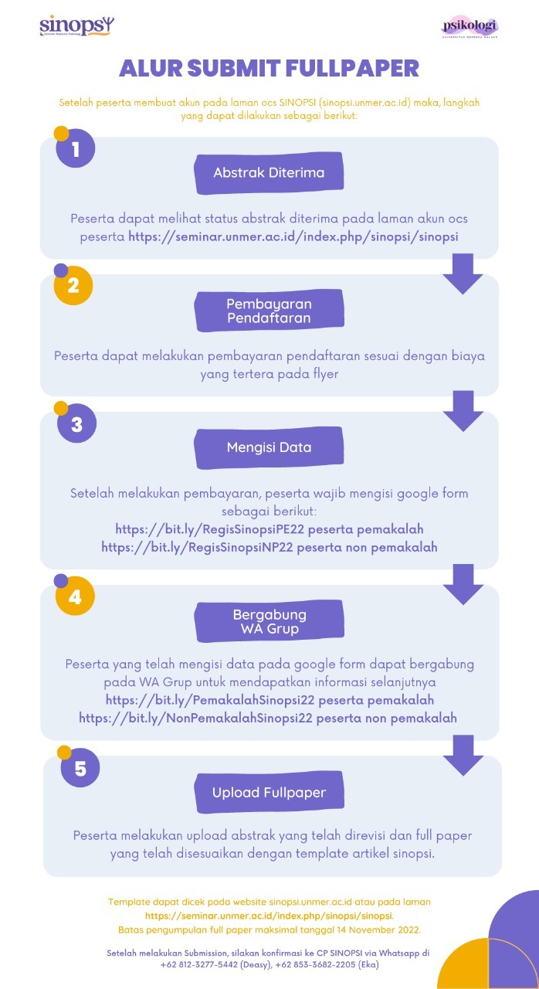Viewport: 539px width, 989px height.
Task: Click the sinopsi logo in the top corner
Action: click(x=76, y=25)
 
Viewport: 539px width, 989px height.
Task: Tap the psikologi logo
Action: click(x=470, y=27)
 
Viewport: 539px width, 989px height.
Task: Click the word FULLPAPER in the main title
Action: click(x=352, y=69)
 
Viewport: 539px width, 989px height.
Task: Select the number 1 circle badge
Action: click(x=76, y=148)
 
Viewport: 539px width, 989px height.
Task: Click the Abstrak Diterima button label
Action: click(x=269, y=172)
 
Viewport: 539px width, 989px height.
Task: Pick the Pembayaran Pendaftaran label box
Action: click(x=269, y=311)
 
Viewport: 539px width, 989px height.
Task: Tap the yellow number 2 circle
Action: click(x=73, y=285)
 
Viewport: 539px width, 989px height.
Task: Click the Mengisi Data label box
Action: click(x=269, y=447)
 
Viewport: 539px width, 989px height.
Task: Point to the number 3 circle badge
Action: click(x=76, y=423)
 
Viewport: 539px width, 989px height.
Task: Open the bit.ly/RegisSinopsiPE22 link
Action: click(x=209, y=529)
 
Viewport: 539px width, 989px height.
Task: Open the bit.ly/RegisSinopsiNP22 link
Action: click(x=197, y=547)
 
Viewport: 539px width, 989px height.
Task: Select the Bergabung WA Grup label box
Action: click(x=269, y=621)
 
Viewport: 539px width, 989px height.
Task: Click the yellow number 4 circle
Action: click(x=75, y=596)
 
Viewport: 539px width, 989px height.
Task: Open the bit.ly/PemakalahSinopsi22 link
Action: click(x=210, y=700)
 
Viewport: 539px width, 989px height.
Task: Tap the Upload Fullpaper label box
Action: click(x=269, y=793)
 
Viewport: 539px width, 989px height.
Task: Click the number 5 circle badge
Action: click(x=80, y=768)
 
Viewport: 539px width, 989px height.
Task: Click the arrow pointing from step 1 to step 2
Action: click(x=463, y=274)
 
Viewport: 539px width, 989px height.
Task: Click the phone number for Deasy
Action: click(x=199, y=965)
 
